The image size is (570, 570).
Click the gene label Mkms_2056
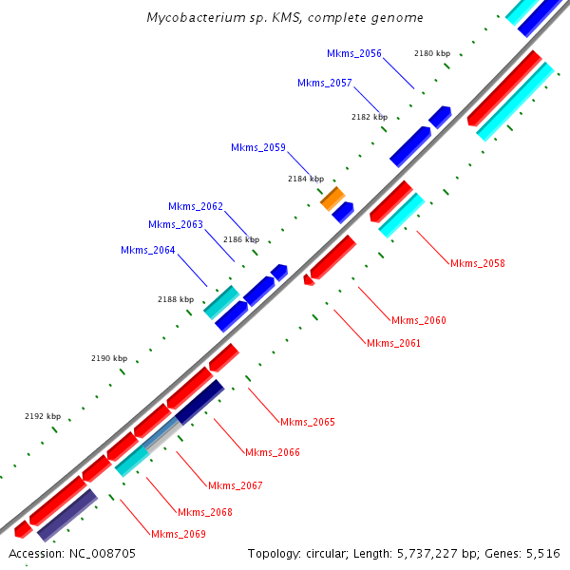click(353, 53)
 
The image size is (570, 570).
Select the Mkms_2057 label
click(325, 83)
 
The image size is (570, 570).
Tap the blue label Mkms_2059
click(258, 147)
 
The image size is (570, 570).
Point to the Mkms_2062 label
click(196, 206)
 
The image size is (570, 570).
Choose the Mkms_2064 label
click(148, 250)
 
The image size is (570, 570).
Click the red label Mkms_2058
click(478, 263)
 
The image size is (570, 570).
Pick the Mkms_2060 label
click(419, 320)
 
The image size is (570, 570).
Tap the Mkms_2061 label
click(393, 343)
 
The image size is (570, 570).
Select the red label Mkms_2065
click(308, 422)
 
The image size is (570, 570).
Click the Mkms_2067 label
click(236, 485)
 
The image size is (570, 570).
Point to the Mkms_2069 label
click(179, 534)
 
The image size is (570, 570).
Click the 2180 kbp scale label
click(432, 53)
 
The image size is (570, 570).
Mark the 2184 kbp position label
click(306, 179)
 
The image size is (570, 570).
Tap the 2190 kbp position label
click(109, 358)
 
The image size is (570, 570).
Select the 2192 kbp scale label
click(43, 416)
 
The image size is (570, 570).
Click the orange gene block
click(332, 199)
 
